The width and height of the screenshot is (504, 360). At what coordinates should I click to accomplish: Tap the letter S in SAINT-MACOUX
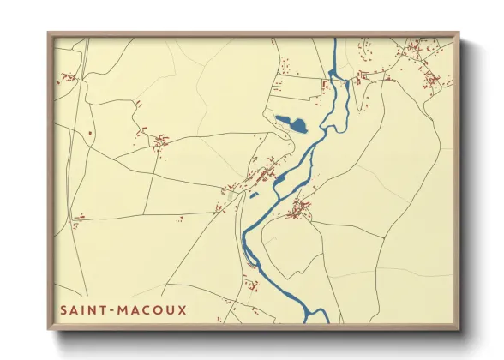pos(63,309)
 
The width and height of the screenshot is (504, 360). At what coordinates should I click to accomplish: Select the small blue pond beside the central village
pos(280,178)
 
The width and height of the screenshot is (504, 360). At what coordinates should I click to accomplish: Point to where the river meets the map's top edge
pos(334,39)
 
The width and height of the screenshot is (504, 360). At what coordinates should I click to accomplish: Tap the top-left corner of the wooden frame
pos(48,33)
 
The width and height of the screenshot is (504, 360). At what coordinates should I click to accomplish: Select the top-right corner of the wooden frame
pos(459,33)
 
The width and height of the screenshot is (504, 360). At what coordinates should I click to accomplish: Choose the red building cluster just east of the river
pos(300,208)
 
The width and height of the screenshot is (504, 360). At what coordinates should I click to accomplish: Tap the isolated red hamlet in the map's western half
pos(159,140)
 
